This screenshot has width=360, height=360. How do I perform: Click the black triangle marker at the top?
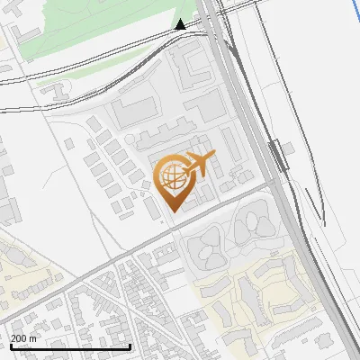(x=181, y=24)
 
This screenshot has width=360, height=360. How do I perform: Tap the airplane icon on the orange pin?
(x=197, y=164)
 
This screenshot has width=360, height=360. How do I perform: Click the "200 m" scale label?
(x=23, y=337)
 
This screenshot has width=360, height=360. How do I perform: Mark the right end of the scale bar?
(x=130, y=346)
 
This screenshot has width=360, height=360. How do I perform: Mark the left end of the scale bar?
(x=10, y=346)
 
